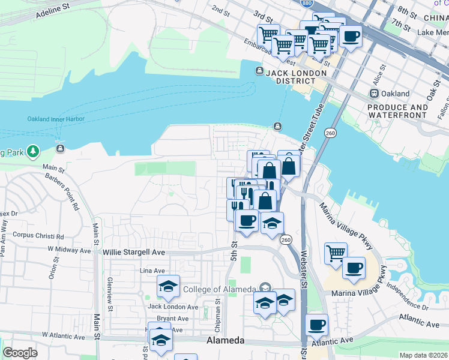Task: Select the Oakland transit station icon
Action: coord(374,94)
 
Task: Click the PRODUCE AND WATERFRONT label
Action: coord(398,111)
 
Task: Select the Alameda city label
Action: coord(225,340)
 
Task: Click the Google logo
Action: coord(20,353)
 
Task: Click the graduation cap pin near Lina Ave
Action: coord(168,286)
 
